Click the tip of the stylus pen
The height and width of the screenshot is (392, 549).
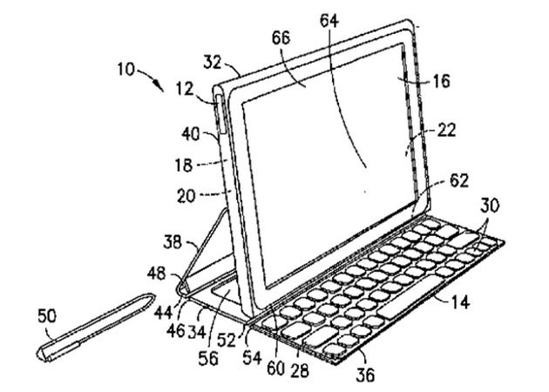[x=43, y=355]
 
